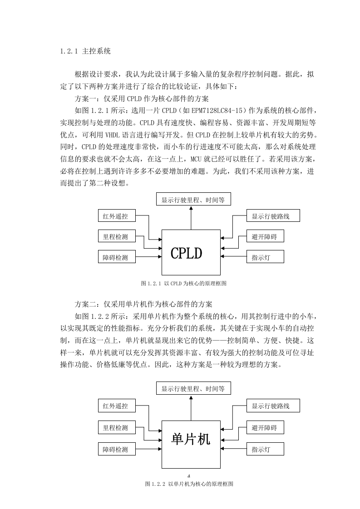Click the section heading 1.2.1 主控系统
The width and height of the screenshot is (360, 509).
click(85, 51)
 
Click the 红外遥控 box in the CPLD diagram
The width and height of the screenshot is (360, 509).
click(117, 216)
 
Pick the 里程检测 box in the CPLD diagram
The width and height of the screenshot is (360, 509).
click(117, 237)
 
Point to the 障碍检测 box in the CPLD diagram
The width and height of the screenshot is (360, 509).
click(117, 257)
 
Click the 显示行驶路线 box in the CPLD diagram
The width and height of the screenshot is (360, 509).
click(273, 216)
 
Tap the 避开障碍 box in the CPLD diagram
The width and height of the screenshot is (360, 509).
click(265, 237)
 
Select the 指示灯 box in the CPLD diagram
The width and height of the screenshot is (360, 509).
click(265, 257)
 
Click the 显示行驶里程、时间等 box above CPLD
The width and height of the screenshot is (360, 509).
click(194, 199)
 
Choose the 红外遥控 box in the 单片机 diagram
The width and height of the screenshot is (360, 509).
click(117, 406)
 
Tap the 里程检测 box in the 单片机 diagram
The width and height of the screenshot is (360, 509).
click(117, 427)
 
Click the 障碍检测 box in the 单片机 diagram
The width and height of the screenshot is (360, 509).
click(117, 449)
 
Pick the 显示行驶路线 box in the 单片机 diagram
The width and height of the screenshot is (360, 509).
click(273, 406)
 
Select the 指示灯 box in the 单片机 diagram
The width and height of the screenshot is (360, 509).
click(265, 449)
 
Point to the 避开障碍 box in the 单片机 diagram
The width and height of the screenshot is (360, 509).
click(265, 427)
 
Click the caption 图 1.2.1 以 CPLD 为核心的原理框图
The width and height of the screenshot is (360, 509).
click(184, 284)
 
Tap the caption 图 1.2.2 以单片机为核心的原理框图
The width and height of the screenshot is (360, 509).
click(189, 484)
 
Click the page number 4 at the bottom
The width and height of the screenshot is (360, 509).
click(189, 476)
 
